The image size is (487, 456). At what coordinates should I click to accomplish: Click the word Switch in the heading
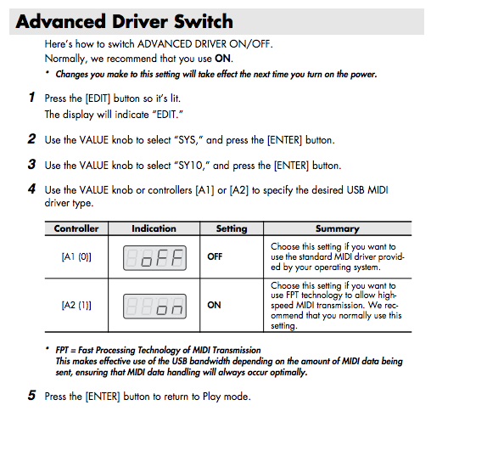click(204, 21)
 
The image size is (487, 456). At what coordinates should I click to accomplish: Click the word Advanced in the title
click(61, 21)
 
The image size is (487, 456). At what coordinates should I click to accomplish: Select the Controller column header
click(76, 228)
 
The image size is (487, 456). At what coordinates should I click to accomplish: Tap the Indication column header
click(154, 228)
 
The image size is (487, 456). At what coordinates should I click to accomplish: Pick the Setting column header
click(232, 228)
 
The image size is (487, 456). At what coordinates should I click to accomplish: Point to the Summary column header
click(338, 228)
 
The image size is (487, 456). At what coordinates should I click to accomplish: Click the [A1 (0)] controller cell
click(76, 256)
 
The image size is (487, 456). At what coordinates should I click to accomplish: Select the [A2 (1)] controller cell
click(76, 305)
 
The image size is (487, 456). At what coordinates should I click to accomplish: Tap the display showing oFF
click(154, 258)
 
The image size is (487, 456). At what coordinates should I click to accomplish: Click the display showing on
click(154, 307)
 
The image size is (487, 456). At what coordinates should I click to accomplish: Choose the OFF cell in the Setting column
click(215, 256)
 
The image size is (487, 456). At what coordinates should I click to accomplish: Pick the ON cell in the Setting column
click(214, 305)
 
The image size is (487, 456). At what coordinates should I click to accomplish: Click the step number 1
click(31, 97)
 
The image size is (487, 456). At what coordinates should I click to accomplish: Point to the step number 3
click(31, 164)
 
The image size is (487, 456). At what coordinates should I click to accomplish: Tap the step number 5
click(31, 396)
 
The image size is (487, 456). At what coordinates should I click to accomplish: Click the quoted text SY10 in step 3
click(190, 166)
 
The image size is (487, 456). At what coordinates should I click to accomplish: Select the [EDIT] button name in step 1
click(98, 99)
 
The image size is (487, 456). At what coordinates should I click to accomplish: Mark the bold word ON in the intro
click(222, 59)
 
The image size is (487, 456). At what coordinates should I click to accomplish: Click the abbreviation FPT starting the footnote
click(62, 351)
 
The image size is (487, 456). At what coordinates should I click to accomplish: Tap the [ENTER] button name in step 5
click(103, 397)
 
